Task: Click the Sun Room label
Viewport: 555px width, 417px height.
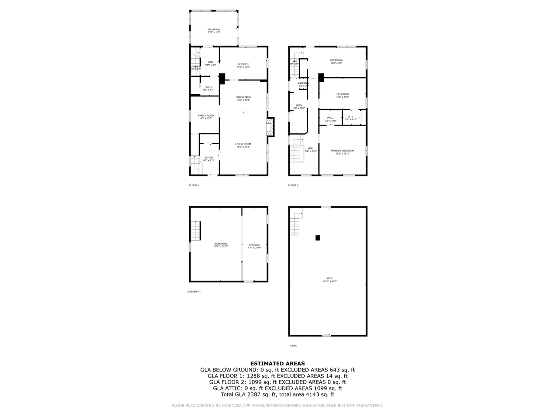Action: pos(214,30)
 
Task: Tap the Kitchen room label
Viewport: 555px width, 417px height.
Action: pos(243,64)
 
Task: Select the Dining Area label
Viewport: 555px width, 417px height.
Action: pos(243,97)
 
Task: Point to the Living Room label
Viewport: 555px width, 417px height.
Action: pos(243,144)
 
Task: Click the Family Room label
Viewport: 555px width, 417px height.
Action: pos(206,116)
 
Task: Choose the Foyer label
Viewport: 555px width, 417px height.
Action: pos(209,158)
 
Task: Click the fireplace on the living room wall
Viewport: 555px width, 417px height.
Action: pos(270,127)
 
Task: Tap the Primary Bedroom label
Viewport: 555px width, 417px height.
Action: pos(342,151)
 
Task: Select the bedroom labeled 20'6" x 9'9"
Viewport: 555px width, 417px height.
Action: pos(336,60)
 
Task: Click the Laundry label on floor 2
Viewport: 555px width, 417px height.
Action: pos(304,83)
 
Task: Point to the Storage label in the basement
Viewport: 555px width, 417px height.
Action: pos(255,245)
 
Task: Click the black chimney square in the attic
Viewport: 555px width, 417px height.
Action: pos(317,238)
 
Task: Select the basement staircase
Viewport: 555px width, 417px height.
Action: pos(196,231)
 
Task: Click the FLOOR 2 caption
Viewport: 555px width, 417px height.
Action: pos(293,185)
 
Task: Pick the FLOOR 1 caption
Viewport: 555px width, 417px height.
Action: pos(194,185)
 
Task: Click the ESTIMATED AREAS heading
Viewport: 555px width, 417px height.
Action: pos(277,364)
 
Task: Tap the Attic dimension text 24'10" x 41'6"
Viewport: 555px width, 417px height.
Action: pos(330,281)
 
